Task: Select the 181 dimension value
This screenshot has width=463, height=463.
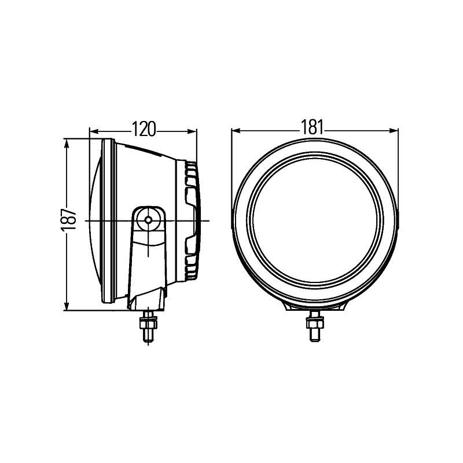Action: point(314,128)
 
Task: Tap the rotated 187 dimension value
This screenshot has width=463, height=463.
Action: point(69,220)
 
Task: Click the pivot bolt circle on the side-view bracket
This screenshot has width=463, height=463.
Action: point(149,220)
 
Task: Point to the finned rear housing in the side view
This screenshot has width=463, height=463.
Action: point(192,220)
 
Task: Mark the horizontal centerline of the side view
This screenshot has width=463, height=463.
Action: point(116,221)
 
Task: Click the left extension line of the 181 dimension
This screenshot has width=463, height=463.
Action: point(231,168)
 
